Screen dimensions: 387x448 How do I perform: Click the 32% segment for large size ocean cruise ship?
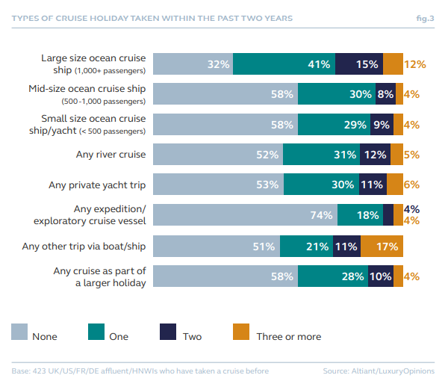[194, 64]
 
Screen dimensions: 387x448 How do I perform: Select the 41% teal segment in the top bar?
[284, 64]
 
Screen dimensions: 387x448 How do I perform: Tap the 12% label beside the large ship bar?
[414, 64]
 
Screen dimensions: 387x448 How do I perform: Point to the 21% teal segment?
[306, 246]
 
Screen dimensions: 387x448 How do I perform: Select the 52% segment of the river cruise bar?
[220, 155]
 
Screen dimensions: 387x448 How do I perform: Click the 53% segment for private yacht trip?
[221, 185]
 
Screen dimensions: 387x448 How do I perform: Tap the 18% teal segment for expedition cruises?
[360, 215]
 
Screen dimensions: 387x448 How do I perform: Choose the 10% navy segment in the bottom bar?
[381, 276]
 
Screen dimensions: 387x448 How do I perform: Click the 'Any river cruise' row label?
[109, 155]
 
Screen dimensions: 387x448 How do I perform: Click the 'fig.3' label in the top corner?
[424, 16]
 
